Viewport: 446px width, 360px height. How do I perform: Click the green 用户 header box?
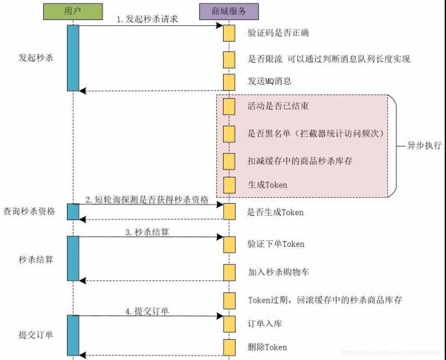pyautogui.click(x=73, y=12)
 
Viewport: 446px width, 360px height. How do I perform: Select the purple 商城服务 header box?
pyautogui.click(x=229, y=12)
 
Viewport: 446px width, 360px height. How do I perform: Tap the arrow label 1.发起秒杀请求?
pyautogui.click(x=147, y=19)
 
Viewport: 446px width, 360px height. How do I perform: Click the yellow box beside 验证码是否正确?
pyautogui.click(x=229, y=33)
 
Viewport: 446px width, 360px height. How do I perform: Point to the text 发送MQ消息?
pyautogui.click(x=270, y=81)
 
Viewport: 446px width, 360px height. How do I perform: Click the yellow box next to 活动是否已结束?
pyautogui.click(x=229, y=106)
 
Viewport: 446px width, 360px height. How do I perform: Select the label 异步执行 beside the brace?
pyautogui.click(x=424, y=146)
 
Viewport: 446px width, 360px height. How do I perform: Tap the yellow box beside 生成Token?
pyautogui.click(x=229, y=185)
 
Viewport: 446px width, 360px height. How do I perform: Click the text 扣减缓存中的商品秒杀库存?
pyautogui.click(x=300, y=161)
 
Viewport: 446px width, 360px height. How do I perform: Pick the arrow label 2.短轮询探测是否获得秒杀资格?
pyautogui.click(x=147, y=200)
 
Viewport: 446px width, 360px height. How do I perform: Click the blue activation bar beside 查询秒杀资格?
pyautogui.click(x=73, y=212)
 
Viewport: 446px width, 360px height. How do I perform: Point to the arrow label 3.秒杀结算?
pyautogui.click(x=147, y=232)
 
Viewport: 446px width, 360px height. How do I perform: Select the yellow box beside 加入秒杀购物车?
pyautogui.click(x=229, y=272)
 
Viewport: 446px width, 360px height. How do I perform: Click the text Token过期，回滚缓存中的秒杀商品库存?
pyautogui.click(x=325, y=300)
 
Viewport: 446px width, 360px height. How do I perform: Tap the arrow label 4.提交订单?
pyautogui.click(x=147, y=312)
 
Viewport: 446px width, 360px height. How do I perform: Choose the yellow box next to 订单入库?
pyautogui.click(x=229, y=324)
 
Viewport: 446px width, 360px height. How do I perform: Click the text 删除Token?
pyautogui.click(x=268, y=347)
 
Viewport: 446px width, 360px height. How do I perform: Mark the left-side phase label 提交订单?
pyautogui.click(x=36, y=335)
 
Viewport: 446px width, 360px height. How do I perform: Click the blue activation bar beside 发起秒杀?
pyautogui.click(x=73, y=58)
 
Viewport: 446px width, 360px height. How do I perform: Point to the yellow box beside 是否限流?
pyautogui.click(x=229, y=60)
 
